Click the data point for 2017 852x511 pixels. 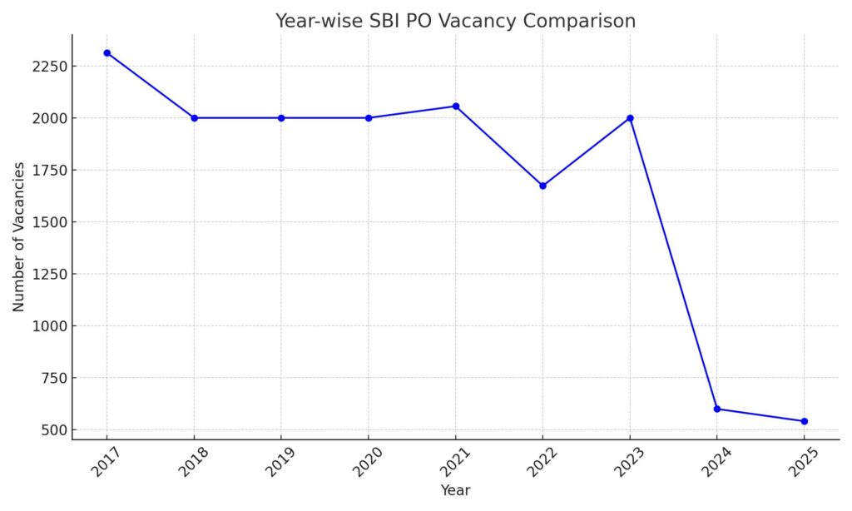pyautogui.click(x=107, y=53)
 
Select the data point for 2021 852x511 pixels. pyautogui.click(x=456, y=107)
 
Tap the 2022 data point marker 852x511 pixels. pyautogui.click(x=542, y=186)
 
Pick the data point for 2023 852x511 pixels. pyautogui.click(x=630, y=118)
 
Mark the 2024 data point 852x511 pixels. pyautogui.click(x=717, y=409)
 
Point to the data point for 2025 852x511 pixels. pyautogui.click(x=804, y=421)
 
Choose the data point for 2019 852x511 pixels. pyautogui.click(x=281, y=118)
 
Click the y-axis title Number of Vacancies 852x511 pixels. pyautogui.click(x=18, y=237)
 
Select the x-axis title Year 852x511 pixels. pyautogui.click(x=455, y=491)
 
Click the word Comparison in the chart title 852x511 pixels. pyautogui.click(x=579, y=22)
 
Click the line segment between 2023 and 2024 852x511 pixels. pyautogui.click(x=673, y=263)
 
